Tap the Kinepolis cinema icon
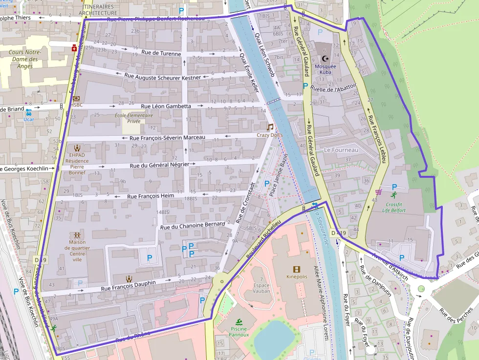pyautogui.click(x=297, y=269)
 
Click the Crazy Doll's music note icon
pyautogui.click(x=270, y=127)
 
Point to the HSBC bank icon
pyautogui.click(x=76, y=98)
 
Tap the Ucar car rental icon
pyautogui.click(x=28, y=112)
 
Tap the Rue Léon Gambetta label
pyautogui.click(x=166, y=106)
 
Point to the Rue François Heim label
pyautogui.click(x=151, y=196)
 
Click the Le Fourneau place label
pyautogui.click(x=341, y=150)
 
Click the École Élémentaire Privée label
pyautogui.click(x=134, y=119)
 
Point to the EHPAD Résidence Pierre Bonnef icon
pyautogui.click(x=77, y=148)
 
